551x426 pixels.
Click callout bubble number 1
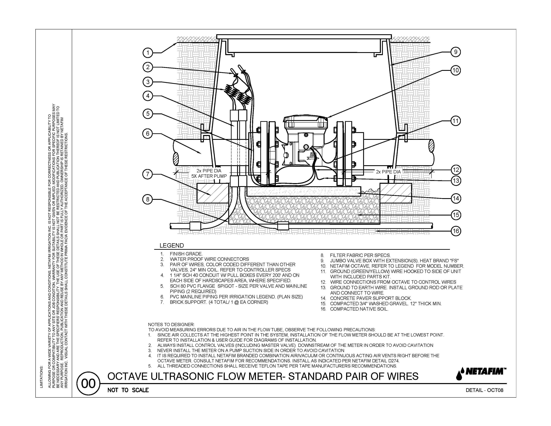[148, 53]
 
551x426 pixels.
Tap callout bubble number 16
[456, 231]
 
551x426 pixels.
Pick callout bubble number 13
[456, 181]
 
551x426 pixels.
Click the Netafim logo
[481, 374]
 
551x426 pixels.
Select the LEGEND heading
[171, 246]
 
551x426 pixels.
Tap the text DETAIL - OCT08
[484, 390]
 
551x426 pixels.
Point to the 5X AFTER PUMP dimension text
[209, 176]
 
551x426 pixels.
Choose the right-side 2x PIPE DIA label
[388, 172]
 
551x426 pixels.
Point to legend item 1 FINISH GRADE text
[186, 254]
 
